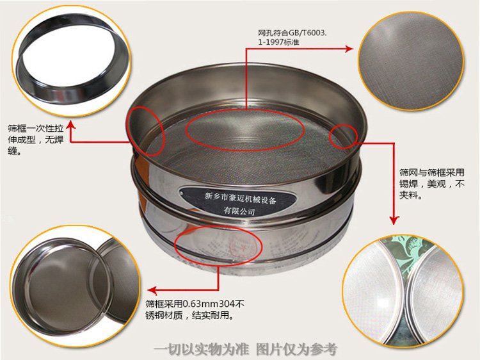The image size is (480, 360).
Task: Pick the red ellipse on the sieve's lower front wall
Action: pyautogui.click(x=218, y=243)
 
